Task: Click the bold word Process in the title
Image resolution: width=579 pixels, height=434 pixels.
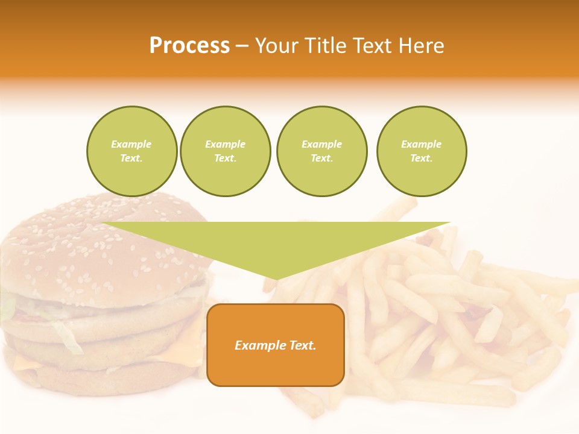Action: coord(189,46)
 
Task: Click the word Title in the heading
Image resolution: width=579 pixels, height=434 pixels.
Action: coord(323,46)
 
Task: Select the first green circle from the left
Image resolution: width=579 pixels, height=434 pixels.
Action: coord(131,151)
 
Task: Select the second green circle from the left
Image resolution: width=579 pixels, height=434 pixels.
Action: coord(226,151)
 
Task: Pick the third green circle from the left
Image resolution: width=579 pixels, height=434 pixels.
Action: coord(321,151)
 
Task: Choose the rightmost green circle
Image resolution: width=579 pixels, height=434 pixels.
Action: coord(422,151)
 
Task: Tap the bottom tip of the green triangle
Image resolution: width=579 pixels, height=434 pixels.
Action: coord(276,278)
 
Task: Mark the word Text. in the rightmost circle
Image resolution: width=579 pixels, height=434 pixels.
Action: coord(422,159)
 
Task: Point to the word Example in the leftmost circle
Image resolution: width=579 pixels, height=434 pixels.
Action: coord(131,144)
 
